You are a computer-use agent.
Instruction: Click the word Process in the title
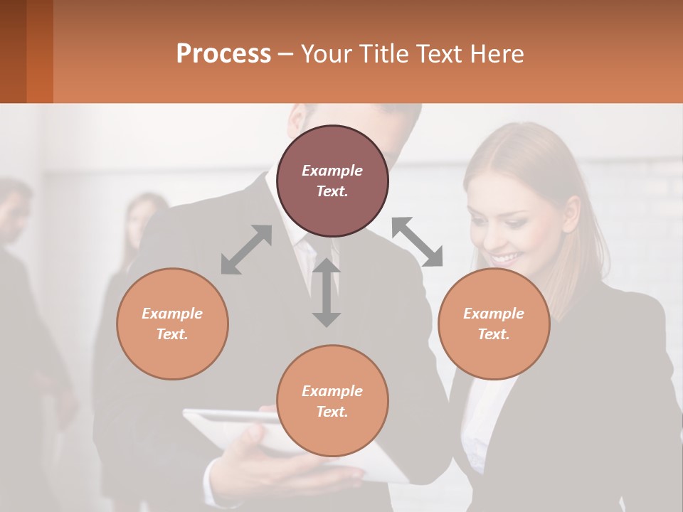(x=223, y=54)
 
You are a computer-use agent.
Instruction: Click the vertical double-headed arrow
(x=326, y=292)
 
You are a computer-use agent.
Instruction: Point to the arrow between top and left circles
(x=246, y=250)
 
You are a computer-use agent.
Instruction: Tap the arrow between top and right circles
(x=418, y=242)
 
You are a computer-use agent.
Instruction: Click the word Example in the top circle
(x=332, y=171)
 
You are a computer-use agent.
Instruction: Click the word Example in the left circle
(x=172, y=314)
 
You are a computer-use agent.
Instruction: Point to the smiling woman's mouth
(x=506, y=257)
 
